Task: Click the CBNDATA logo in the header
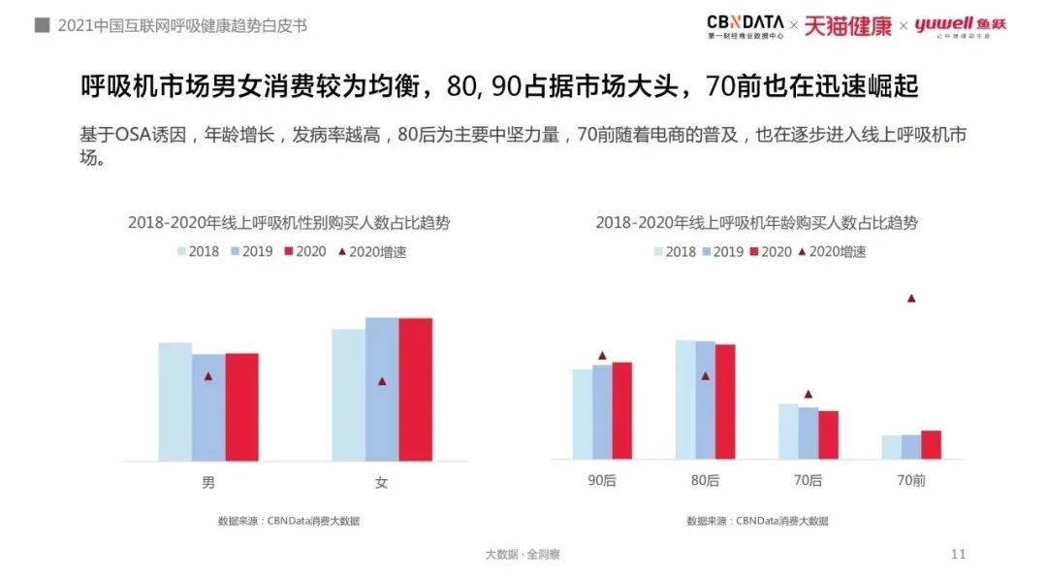point(745,25)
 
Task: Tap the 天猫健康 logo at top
point(846,25)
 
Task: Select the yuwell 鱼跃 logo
point(959,25)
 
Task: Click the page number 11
point(959,554)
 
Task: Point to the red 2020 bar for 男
point(242,406)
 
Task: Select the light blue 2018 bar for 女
point(348,394)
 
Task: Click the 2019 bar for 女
point(382,389)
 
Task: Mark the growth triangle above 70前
point(911,299)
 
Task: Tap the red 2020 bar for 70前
point(931,444)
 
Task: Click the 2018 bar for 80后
point(685,399)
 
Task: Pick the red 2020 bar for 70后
point(828,434)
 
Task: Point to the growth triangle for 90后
point(602,356)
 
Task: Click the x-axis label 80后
point(706,480)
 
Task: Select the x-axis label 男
point(208,483)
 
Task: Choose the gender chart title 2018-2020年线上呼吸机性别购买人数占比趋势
point(289,223)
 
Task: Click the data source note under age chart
point(757,521)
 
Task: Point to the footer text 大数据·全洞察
point(523,555)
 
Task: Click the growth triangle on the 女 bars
point(382,381)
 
